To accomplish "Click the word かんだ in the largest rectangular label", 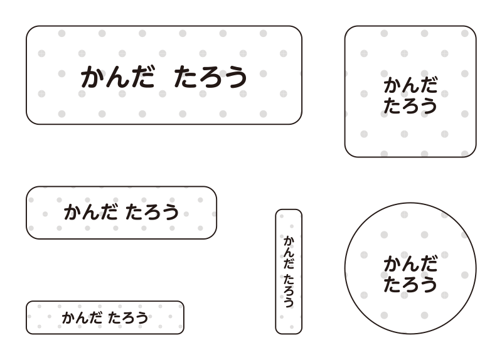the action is (118, 77).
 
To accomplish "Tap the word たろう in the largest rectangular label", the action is (210, 77).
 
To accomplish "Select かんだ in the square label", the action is (410, 85).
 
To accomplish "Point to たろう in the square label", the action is (410, 106).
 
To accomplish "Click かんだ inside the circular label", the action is (410, 264).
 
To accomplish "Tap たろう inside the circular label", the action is (410, 285).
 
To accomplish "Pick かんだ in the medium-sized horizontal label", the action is (90, 212).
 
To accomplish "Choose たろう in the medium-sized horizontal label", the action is (152, 212).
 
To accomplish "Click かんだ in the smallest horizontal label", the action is (82, 317).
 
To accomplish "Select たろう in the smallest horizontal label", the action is (128, 317).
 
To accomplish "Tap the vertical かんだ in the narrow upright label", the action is (289, 252).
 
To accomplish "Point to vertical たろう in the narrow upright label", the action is (289, 290).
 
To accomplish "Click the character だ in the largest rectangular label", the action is (143, 76).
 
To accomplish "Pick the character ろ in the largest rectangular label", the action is (211, 77).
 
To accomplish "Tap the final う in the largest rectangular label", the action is (236, 77).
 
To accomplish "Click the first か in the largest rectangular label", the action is (92, 77).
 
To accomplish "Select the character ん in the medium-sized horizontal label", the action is (90, 212).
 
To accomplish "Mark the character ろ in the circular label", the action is (410, 285).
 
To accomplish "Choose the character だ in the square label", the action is (429, 85).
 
